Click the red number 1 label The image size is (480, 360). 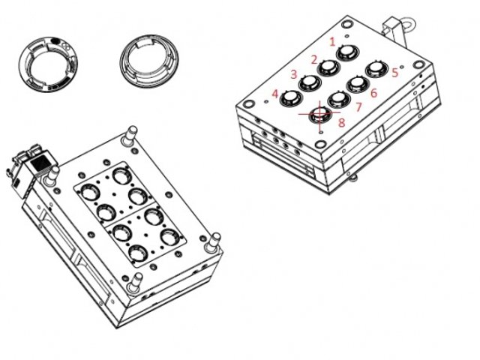click(333, 42)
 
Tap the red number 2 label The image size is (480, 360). click(314, 60)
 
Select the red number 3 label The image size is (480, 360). click(294, 74)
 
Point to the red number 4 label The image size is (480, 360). click(275, 94)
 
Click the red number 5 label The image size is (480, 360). click(395, 73)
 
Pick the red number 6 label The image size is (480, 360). click(373, 93)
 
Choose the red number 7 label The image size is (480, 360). click(358, 106)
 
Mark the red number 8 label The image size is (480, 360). click(341, 122)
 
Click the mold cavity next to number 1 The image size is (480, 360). click(348, 52)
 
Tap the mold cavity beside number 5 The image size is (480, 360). click(376, 70)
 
